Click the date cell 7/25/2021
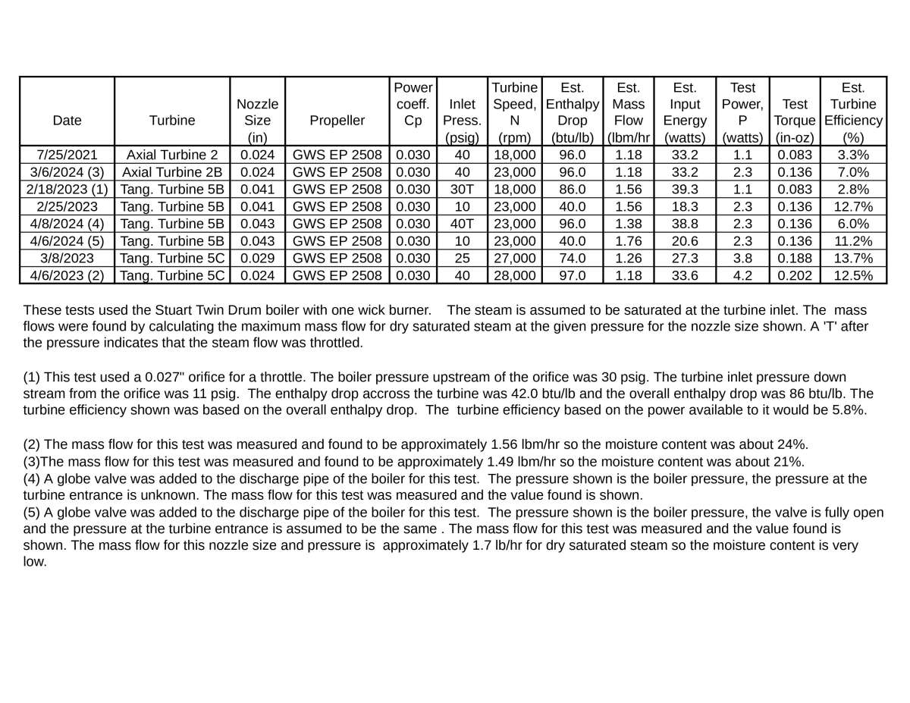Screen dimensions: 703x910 click(x=67, y=155)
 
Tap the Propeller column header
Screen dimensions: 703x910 click(x=337, y=120)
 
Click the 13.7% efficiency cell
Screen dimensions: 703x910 click(x=855, y=258)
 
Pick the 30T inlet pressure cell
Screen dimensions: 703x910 click(x=463, y=189)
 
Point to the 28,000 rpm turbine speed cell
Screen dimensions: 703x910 click(x=514, y=275)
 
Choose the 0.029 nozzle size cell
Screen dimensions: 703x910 click(x=257, y=258)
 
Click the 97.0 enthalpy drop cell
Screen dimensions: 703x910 click(x=572, y=275)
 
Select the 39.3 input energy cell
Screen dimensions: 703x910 click(x=685, y=189)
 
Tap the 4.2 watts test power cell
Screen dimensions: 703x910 click(x=742, y=275)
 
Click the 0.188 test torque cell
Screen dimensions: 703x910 click(x=795, y=258)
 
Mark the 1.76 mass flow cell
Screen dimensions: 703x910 click(x=629, y=240)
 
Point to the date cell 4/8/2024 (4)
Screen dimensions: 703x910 click(x=67, y=223)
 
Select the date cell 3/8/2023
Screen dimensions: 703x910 click(x=67, y=258)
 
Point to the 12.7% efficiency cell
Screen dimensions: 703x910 click(x=855, y=206)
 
